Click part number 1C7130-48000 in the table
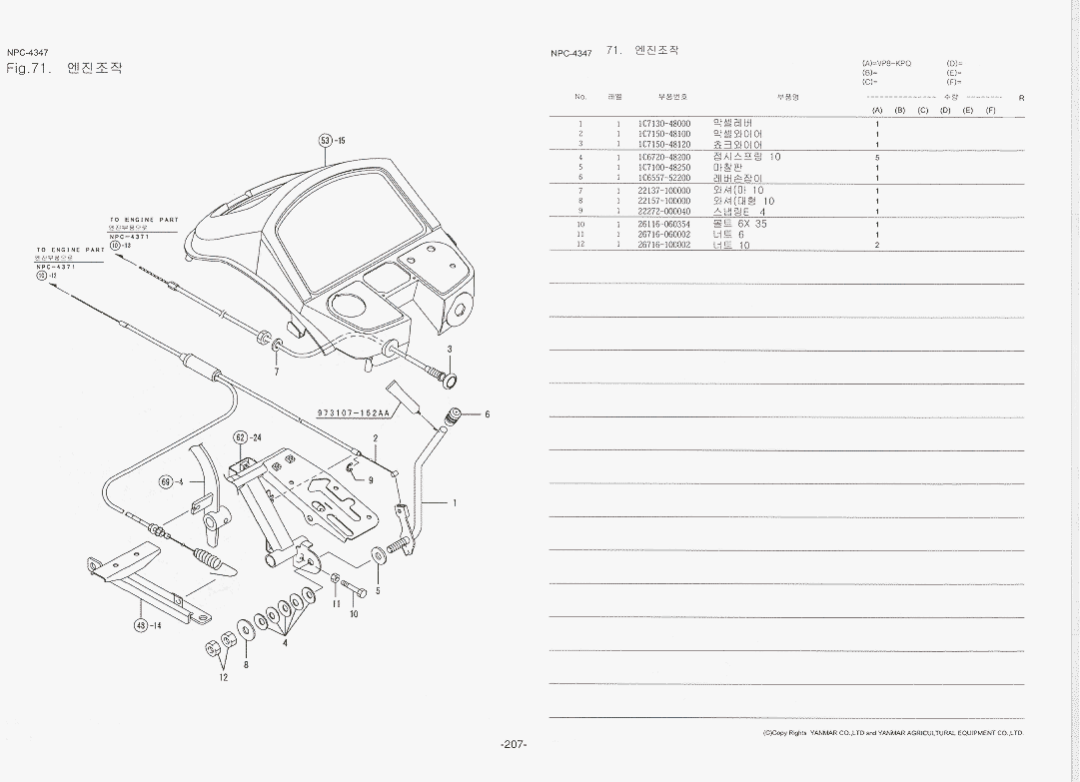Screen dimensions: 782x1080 (663, 123)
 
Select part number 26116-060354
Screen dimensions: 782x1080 (663, 224)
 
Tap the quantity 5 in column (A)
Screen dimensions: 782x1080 (876, 157)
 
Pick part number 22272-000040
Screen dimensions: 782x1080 (663, 212)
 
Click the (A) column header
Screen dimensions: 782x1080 (876, 110)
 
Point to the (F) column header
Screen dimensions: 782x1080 (990, 110)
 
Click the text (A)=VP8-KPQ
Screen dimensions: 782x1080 (886, 63)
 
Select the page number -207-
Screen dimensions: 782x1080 (514, 744)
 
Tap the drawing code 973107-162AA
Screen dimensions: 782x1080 (353, 412)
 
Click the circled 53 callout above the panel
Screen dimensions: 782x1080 (325, 140)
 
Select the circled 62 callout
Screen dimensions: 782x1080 (240, 437)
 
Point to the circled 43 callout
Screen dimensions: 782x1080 (142, 626)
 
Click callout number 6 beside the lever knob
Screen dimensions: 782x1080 (488, 414)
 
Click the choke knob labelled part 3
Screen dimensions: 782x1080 (448, 381)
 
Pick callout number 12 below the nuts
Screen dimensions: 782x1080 (224, 677)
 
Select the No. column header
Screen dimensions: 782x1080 (580, 97)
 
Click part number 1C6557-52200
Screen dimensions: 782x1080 (663, 178)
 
